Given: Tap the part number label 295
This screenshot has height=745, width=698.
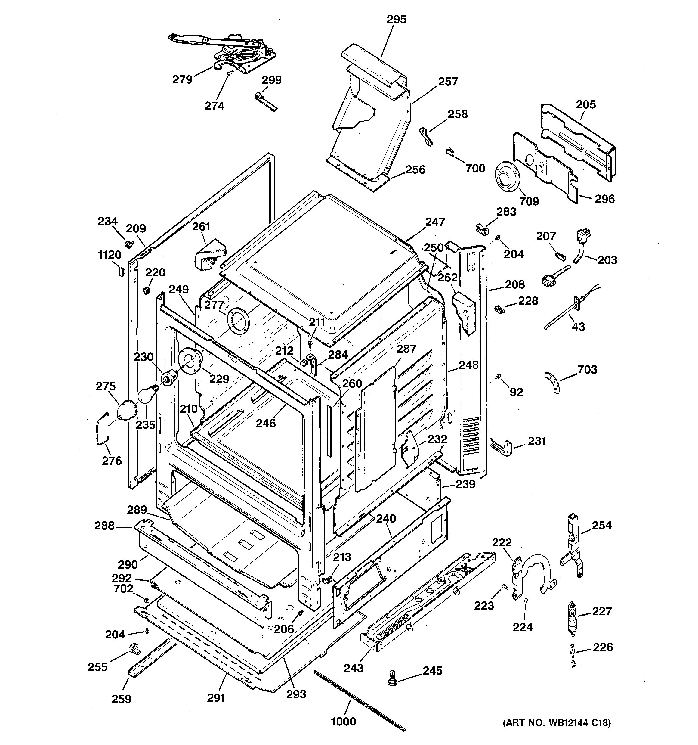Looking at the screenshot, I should click(397, 19).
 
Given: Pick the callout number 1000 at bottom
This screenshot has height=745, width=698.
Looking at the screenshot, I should click(344, 721).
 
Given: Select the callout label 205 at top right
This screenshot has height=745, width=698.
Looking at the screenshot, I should click(585, 104).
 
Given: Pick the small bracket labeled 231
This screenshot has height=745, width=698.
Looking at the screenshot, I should click(501, 446).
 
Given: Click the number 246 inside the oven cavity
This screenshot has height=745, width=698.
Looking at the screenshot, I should click(266, 423).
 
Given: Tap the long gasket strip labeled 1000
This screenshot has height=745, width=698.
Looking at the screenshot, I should click(360, 699).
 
